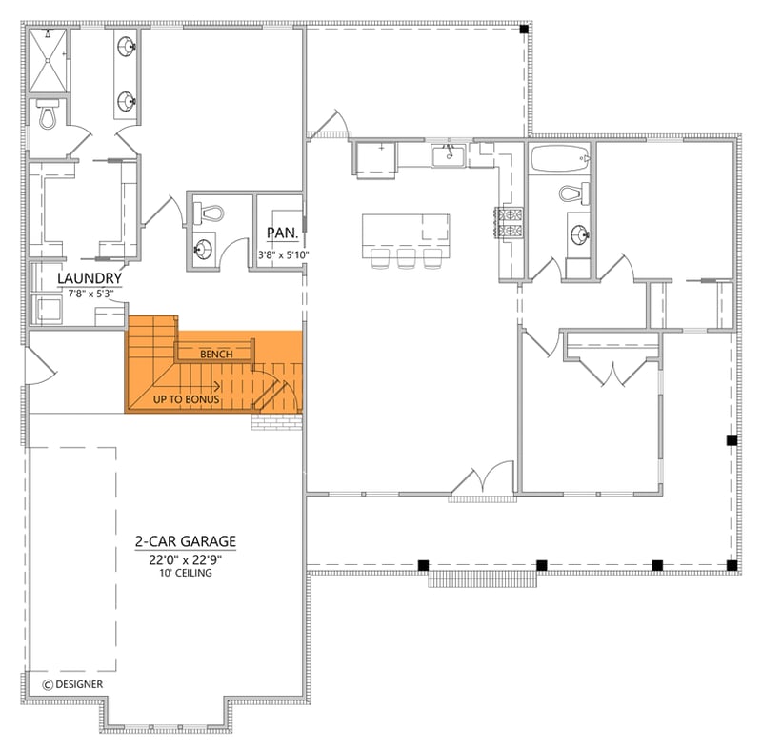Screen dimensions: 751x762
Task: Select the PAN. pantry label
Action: (283, 233)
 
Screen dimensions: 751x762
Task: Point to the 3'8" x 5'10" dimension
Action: (283, 254)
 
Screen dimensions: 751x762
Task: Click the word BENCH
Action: (216, 355)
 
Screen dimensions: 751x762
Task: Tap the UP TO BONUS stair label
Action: (187, 399)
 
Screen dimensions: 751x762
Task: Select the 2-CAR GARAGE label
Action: (185, 541)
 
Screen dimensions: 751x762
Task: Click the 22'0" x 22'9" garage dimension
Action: (185, 559)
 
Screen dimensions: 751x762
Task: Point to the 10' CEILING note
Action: (185, 574)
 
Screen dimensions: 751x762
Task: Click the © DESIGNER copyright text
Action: (73, 684)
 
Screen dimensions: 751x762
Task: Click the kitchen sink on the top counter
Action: (446, 154)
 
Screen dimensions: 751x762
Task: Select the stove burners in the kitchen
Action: (510, 222)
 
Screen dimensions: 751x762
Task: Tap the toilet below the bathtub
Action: (571, 194)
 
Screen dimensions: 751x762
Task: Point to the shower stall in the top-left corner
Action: (48, 58)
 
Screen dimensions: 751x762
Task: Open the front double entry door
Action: (482, 484)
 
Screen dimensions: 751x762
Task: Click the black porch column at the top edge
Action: (524, 30)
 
